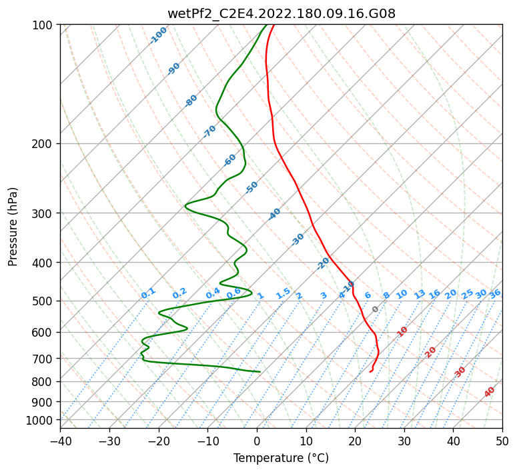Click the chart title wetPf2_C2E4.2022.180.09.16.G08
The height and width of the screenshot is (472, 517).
click(281, 13)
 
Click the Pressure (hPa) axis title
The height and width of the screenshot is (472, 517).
click(13, 226)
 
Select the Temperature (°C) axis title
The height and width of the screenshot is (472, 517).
click(281, 459)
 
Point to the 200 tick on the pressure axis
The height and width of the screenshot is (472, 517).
click(44, 143)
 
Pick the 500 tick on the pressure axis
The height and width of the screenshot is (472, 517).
click(44, 301)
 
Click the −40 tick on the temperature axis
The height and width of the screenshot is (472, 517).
click(60, 441)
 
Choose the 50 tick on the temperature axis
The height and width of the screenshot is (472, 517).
click(502, 441)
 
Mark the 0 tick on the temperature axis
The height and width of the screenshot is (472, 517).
click(257, 441)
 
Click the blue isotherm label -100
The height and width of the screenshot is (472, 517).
click(158, 35)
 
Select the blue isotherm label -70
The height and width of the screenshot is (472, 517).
click(209, 131)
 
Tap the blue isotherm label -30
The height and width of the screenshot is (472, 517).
click(298, 239)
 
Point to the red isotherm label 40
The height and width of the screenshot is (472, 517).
click(490, 393)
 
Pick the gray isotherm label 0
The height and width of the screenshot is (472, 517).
click(376, 309)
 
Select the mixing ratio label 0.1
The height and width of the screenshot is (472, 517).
click(148, 293)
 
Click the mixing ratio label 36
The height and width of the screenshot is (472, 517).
click(495, 293)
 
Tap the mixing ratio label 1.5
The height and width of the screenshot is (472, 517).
click(283, 293)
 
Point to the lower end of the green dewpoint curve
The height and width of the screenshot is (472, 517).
click(260, 371)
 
